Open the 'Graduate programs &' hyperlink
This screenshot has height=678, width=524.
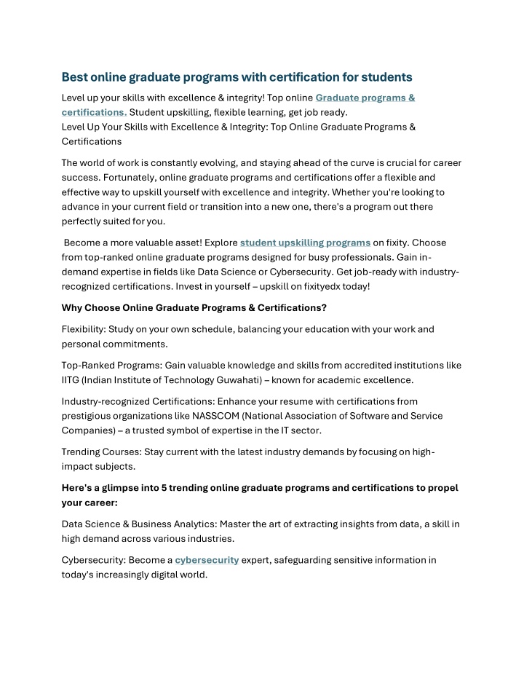pos(365,98)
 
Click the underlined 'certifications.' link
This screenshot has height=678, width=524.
pos(94,112)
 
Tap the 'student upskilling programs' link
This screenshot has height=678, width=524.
pos(305,243)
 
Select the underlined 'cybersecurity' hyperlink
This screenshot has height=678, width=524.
pos(207,560)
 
